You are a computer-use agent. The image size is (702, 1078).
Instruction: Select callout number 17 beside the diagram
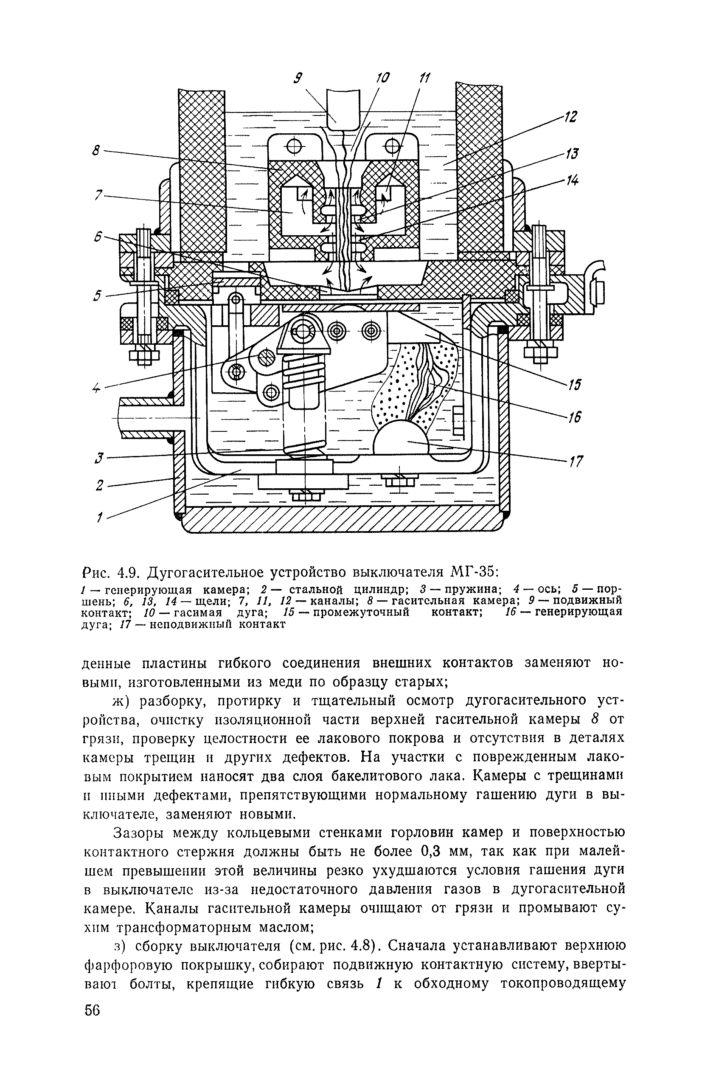[x=576, y=462]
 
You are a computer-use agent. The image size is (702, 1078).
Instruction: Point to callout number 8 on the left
[x=95, y=150]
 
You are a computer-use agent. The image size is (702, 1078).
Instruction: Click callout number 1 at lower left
[x=99, y=517]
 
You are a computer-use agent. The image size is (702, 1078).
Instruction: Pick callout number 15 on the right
[x=575, y=385]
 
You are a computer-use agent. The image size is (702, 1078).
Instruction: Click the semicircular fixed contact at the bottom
[x=400, y=437]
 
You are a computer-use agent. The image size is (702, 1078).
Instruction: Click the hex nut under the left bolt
[x=144, y=354]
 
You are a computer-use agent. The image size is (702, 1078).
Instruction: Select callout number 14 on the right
[x=572, y=181]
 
